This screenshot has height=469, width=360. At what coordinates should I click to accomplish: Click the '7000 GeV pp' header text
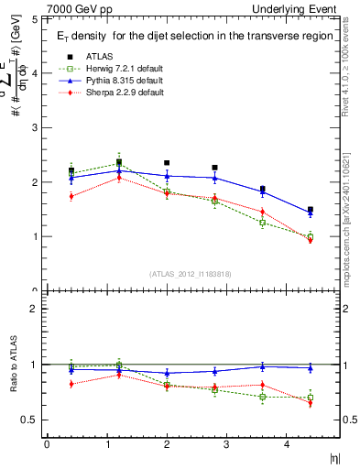pyautogui.click(x=74, y=8)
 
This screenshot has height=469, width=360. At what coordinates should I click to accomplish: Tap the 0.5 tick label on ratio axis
pyautogui.click(x=30, y=420)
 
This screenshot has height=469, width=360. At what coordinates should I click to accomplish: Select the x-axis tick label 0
pyautogui.click(x=47, y=444)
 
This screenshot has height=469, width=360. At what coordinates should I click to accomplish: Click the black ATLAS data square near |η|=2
pyautogui.click(x=167, y=163)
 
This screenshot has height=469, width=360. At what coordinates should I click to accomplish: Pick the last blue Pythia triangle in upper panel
pyautogui.click(x=311, y=213)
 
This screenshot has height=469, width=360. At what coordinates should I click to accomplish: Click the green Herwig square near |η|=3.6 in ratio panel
pyautogui.click(x=262, y=397)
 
